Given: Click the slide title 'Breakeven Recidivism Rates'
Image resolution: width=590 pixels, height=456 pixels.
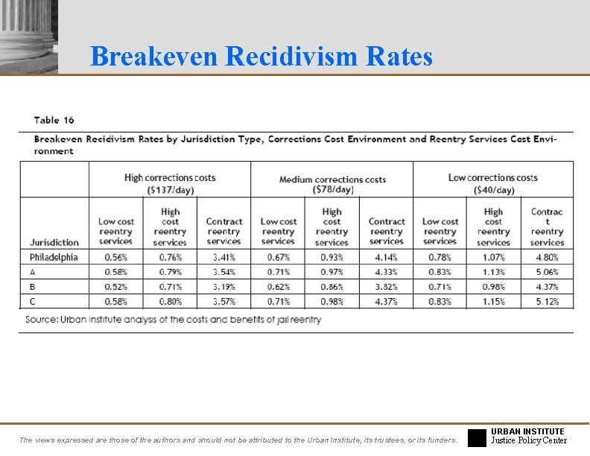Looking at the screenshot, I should pyautogui.click(x=261, y=56).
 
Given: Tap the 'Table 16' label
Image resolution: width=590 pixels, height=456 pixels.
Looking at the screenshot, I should pyautogui.click(x=54, y=120).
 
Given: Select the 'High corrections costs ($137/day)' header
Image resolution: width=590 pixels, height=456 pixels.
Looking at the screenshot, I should pyautogui.click(x=170, y=184).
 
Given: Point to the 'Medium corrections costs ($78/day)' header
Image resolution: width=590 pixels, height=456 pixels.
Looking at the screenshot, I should pyautogui.click(x=332, y=185).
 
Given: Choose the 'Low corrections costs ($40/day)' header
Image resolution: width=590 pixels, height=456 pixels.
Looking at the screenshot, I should pyautogui.click(x=492, y=184).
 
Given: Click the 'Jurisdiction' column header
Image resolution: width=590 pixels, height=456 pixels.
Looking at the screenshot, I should pyautogui.click(x=54, y=242).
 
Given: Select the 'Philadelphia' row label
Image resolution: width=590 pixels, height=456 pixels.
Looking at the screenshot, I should pyautogui.click(x=54, y=258).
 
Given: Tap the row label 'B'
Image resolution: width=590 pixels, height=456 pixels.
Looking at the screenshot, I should pyautogui.click(x=33, y=287).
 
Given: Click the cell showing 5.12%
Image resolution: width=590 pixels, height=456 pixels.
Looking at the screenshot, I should pyautogui.click(x=547, y=302).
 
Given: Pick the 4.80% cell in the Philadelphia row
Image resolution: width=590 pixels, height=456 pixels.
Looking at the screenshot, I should pyautogui.click(x=547, y=258).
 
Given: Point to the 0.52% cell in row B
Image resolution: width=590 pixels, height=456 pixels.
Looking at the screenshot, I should pyautogui.click(x=115, y=287).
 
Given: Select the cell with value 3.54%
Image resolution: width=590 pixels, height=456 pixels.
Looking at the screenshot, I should pyautogui.click(x=223, y=273).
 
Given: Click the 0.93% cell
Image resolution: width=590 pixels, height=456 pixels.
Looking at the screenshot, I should pyautogui.click(x=332, y=258).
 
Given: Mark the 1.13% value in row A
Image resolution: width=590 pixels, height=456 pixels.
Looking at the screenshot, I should pyautogui.click(x=493, y=273).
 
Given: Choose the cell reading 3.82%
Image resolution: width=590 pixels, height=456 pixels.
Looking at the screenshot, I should pyautogui.click(x=386, y=287).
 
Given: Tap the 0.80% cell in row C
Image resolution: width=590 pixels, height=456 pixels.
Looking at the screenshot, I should pyautogui.click(x=170, y=302).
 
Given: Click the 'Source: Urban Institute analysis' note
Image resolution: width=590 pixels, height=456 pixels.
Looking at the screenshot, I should pyautogui.click(x=173, y=320).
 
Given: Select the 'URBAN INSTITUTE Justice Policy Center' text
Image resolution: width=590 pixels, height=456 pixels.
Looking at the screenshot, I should pyautogui.click(x=528, y=436).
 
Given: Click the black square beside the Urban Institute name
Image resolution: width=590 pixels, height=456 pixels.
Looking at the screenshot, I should pyautogui.click(x=477, y=437).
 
